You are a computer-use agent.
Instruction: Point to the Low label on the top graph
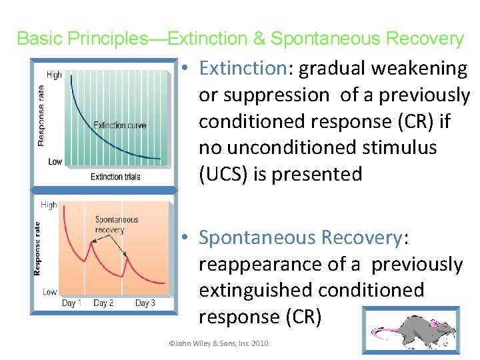55,162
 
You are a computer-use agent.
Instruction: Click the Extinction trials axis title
115,177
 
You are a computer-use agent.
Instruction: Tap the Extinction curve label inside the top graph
119,125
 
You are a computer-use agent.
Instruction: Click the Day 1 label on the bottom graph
72,303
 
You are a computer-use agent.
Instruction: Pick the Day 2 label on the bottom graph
104,303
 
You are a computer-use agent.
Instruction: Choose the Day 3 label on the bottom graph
145,303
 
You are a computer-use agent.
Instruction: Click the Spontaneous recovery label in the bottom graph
117,225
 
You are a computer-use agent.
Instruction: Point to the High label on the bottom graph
49,205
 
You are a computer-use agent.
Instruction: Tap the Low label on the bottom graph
49,292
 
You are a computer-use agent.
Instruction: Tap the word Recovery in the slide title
423,39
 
